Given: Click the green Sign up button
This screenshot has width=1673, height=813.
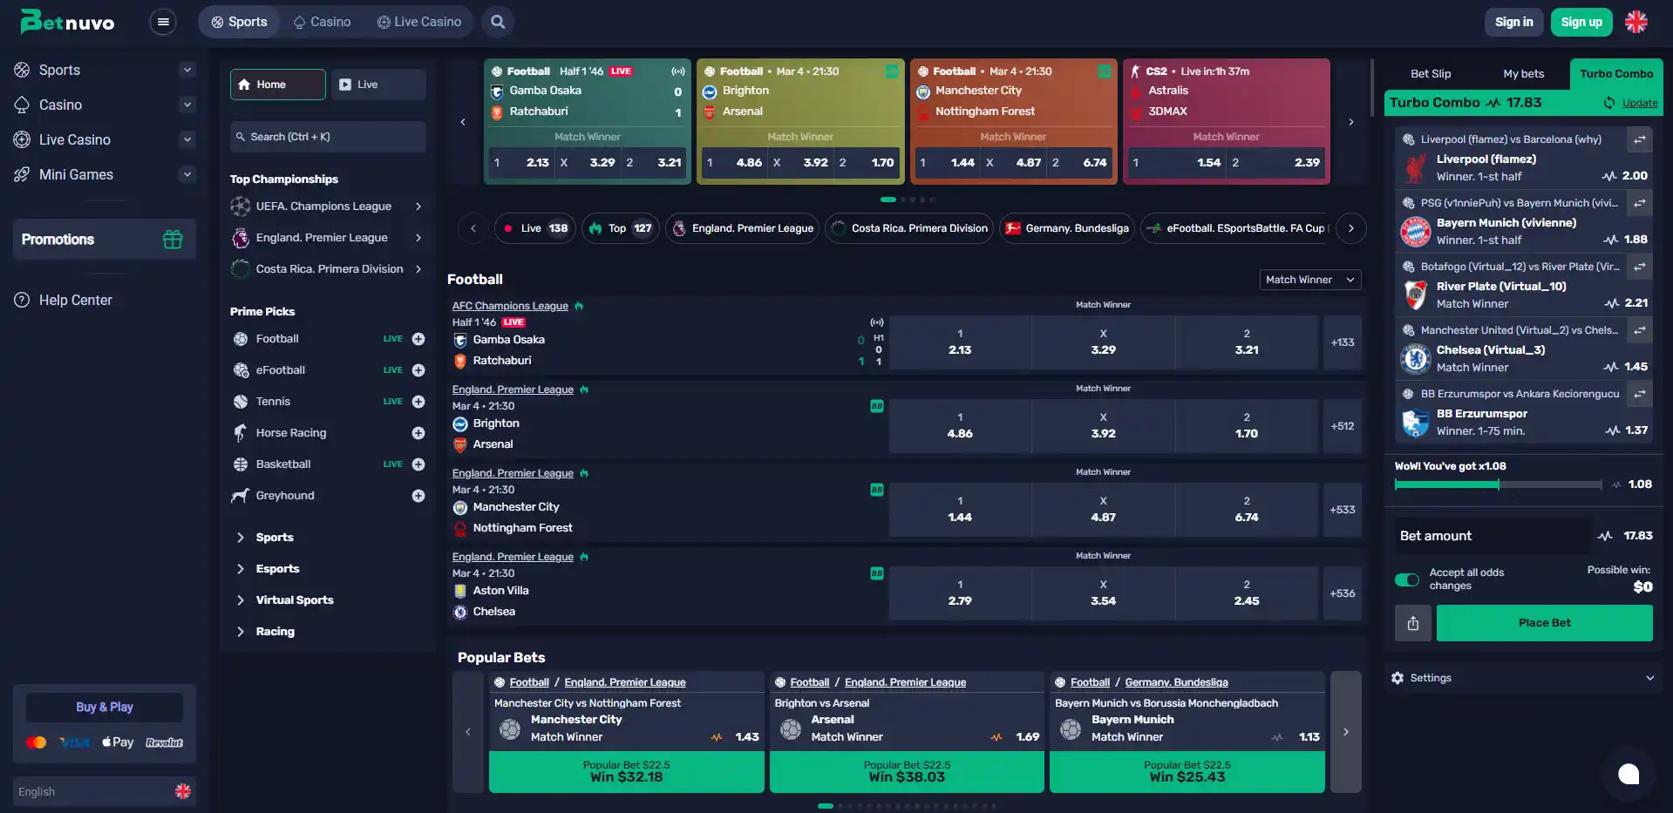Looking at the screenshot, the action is pos(1581,22).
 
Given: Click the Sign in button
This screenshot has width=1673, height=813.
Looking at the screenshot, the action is pos(1513,22).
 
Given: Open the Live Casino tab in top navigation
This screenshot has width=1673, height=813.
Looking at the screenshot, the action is pos(419,22).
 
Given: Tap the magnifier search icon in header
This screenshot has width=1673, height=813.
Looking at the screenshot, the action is pos(498,22).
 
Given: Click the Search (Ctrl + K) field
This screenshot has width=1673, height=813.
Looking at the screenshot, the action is pos(328,137).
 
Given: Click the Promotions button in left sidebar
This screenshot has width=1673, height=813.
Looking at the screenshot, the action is pos(104,240).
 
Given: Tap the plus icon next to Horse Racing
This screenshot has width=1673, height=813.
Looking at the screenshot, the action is pos(418,433).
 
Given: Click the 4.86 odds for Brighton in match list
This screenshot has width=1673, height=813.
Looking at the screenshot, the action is pos(960,426).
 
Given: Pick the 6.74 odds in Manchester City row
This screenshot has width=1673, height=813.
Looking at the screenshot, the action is pos(1247,510).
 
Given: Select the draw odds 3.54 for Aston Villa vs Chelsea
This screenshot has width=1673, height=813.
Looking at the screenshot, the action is pos(1103,593).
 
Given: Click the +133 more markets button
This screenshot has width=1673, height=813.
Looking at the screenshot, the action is pos(1343,342).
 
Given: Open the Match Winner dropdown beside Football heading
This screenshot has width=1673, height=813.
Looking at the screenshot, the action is pos(1310,280).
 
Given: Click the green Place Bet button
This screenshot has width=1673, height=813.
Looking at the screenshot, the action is pos(1544,623).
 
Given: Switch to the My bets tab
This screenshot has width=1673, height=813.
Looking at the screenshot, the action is pos(1523,74).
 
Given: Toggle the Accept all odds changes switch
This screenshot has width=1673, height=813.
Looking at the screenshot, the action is pos(1407,579).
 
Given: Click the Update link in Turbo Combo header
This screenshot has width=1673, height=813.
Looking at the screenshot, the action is pos(1640,103).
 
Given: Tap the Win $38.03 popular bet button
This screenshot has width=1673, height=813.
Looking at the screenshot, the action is pos(907,772).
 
